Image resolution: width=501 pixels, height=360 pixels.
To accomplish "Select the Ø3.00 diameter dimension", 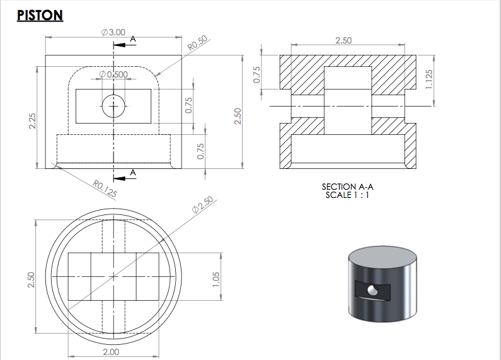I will [x=113, y=32].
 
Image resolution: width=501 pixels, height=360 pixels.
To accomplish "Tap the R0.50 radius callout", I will [x=197, y=44].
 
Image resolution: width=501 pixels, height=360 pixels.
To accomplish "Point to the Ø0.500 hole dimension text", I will [x=113, y=74].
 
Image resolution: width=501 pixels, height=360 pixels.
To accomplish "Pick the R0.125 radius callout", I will [x=105, y=189].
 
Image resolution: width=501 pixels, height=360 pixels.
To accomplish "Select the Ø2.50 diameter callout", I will [x=204, y=205].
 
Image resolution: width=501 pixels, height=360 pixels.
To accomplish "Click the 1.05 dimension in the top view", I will [x=216, y=277].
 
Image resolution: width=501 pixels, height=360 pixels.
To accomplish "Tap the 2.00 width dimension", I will [x=111, y=352].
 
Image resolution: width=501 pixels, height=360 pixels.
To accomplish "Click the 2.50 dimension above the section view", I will [x=343, y=40].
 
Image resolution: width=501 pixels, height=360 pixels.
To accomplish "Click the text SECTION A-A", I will [x=343, y=187].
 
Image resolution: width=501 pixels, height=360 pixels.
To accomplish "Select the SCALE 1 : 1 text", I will [x=343, y=195].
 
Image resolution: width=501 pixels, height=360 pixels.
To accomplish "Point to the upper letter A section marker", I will [x=132, y=39].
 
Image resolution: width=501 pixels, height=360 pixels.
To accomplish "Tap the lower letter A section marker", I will [x=132, y=172].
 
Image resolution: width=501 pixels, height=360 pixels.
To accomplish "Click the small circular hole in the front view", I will [x=113, y=107].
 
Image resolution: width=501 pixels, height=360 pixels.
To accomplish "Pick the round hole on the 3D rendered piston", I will [x=373, y=289].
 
